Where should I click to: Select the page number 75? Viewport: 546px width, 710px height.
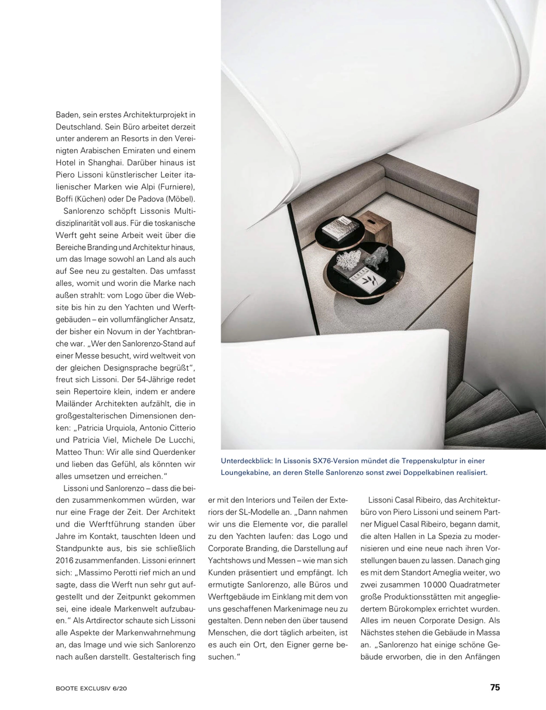coord(495,687)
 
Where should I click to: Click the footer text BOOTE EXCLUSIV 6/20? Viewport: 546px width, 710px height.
coord(91,688)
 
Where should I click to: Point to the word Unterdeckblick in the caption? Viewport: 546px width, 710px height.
coord(246,461)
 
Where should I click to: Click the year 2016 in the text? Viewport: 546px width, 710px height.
coord(64,560)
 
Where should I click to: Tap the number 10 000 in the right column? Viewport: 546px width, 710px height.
coord(435,584)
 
